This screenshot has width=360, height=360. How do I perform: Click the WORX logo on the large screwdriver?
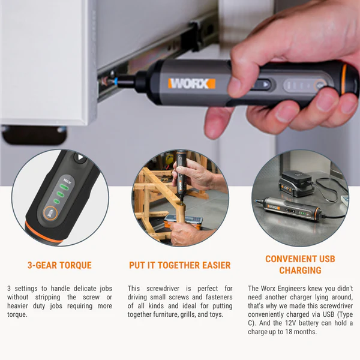click(192, 83)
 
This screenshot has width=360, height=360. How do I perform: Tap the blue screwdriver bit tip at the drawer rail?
click(115, 81)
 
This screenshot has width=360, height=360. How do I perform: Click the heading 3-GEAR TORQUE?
click(59, 265)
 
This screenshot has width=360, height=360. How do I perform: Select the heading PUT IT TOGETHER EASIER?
click(180, 265)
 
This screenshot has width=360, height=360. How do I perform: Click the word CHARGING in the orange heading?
click(300, 270)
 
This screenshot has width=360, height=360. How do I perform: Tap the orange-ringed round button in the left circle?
click(50, 213)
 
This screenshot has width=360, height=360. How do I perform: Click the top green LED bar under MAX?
click(64, 187)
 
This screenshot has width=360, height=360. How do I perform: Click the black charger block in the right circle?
click(296, 183)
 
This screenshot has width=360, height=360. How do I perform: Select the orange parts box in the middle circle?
click(184, 220)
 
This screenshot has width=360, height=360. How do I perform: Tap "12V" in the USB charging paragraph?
click(290, 323)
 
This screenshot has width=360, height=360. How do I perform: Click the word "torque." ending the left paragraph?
click(17, 314)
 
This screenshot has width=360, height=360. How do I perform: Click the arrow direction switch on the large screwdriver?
click(263, 85)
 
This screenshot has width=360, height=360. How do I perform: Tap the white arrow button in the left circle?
click(80, 158)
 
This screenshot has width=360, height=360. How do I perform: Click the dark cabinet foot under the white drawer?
click(34, 136)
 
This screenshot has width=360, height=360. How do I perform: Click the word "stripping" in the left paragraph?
click(48, 298)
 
